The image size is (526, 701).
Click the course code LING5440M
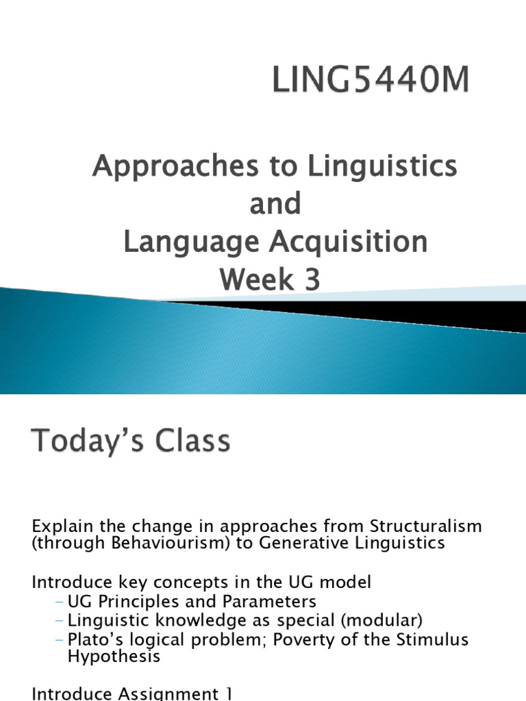click(371, 81)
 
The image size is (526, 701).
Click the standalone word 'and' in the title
click(275, 204)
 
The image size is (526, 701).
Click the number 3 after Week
click(312, 280)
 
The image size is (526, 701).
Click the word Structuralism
click(425, 527)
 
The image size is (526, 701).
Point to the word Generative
click(322, 544)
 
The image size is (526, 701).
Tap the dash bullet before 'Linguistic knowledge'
click(60, 621)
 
